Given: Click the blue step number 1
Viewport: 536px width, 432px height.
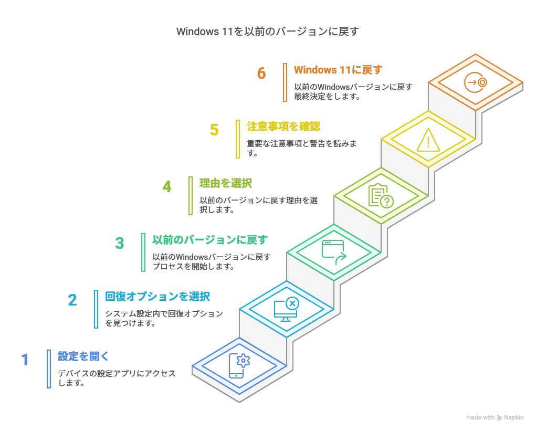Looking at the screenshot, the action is coord(25,360).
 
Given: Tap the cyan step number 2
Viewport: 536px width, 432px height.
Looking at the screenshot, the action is coord(72,300).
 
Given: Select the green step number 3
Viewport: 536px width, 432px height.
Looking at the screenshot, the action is coord(120,244).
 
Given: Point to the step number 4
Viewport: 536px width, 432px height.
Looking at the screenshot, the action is coord(167,187).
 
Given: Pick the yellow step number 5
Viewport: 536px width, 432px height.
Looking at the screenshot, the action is coord(214,130).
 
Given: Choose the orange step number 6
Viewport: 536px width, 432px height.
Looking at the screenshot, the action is coord(261,73).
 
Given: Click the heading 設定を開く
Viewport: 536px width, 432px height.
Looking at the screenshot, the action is coord(83,356).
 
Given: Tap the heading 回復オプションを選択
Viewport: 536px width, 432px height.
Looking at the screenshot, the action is coord(157,297).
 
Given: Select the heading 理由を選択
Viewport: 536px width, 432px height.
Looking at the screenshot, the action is coord(226,183).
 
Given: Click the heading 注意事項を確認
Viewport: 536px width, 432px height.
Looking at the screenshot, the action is coord(283,127).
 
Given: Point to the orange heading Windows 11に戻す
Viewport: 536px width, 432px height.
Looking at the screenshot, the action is coord(338,70).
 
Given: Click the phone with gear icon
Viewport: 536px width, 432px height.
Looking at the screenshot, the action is coord(239,366).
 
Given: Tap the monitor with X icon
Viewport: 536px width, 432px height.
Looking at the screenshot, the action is coord(287,309).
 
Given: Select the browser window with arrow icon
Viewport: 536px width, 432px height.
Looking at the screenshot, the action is coord(334,252).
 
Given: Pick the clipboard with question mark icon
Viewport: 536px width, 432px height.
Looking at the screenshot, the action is coord(381,196).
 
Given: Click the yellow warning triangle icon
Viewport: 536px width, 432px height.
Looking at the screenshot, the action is coord(428,140).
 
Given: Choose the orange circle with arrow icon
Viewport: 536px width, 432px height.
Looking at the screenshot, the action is coord(476,82).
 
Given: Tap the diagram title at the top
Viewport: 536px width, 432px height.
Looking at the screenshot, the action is coord(268,31).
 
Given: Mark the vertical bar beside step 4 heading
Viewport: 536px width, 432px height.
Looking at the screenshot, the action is coord(191,196).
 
